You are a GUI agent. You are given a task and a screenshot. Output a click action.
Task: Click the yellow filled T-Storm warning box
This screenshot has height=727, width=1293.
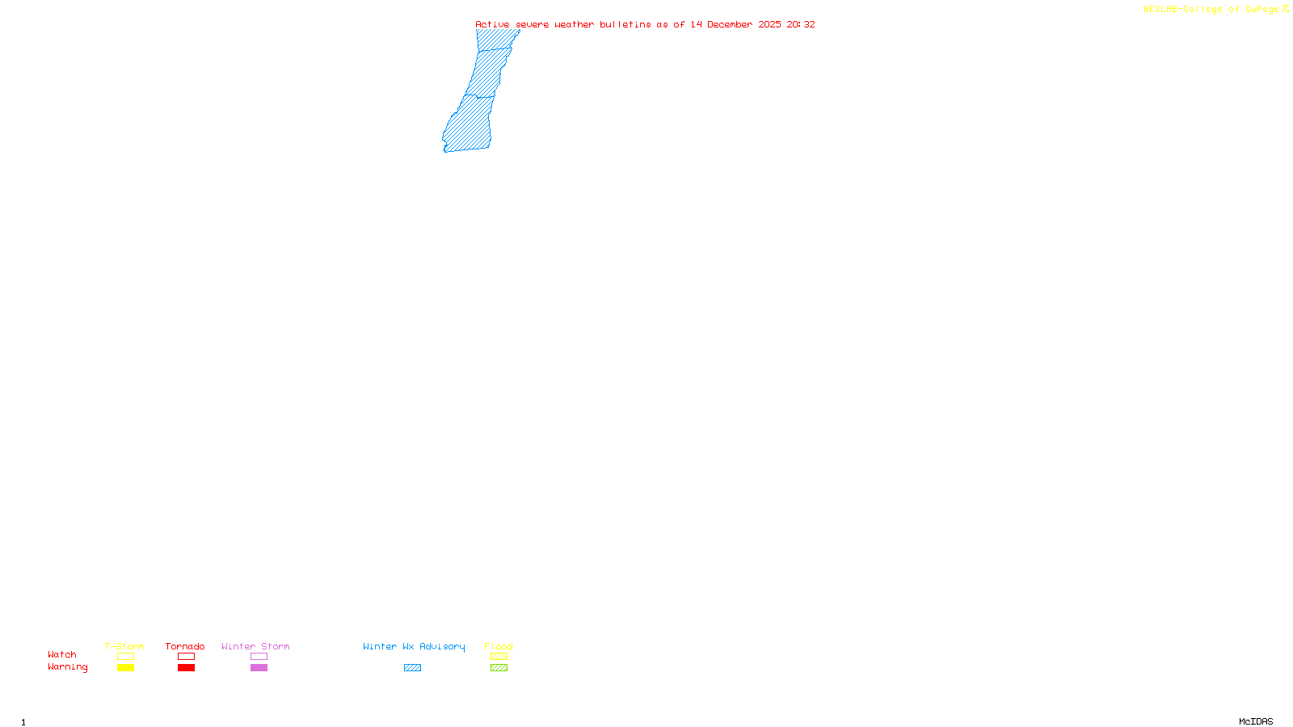pyautogui.click(x=125, y=668)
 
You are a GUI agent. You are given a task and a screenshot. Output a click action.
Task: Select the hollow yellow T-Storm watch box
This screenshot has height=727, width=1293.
pyautogui.click(x=125, y=657)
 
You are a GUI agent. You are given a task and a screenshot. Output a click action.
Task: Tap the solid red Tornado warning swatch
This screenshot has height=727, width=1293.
pyautogui.click(x=186, y=668)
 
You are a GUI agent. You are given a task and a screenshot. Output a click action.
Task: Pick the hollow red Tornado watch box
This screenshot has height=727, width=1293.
pyautogui.click(x=186, y=657)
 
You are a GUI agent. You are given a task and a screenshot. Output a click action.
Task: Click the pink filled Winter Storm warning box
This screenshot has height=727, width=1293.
pyautogui.click(x=259, y=668)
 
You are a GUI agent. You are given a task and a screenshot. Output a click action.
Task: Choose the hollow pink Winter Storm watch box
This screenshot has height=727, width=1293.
pyautogui.click(x=259, y=657)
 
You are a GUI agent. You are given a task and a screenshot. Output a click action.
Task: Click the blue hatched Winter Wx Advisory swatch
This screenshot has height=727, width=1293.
pyautogui.click(x=412, y=668)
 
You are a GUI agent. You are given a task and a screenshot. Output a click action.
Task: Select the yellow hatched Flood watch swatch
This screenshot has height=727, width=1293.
pyautogui.click(x=499, y=657)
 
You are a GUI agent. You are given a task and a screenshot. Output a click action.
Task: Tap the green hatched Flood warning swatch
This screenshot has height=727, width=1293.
pyautogui.click(x=499, y=668)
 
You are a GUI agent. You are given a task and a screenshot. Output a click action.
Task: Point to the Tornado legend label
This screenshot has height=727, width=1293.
pyautogui.click(x=185, y=646)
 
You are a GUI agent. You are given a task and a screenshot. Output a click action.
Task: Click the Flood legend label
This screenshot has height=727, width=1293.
pyautogui.click(x=499, y=646)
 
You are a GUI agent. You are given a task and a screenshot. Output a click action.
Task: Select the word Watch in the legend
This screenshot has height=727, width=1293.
pyautogui.click(x=62, y=654)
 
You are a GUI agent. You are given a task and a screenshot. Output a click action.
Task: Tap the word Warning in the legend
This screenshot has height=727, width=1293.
pyautogui.click(x=68, y=667)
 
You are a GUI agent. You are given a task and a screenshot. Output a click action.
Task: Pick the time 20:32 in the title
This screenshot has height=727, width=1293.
pyautogui.click(x=801, y=24)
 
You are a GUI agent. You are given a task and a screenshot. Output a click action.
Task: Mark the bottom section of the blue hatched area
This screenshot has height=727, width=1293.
pyautogui.click(x=470, y=125)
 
